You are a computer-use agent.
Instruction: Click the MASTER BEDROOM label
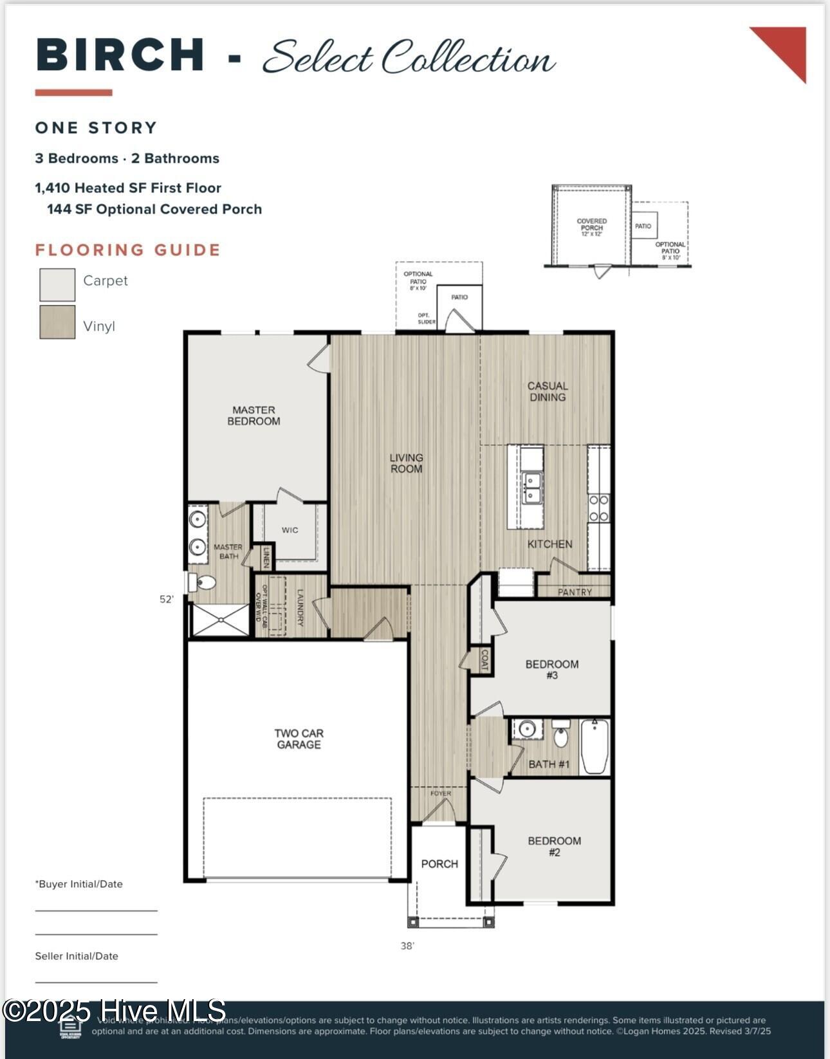click(x=254, y=416)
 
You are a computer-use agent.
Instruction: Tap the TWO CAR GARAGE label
click(x=299, y=739)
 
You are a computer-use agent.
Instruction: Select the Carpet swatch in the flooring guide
click(x=57, y=284)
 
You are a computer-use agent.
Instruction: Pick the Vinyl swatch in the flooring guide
click(x=57, y=322)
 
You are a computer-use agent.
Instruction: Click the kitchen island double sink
click(x=531, y=488)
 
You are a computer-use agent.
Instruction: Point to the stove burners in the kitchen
click(x=599, y=508)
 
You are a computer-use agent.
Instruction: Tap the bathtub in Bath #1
click(x=595, y=746)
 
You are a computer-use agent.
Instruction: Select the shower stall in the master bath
click(x=221, y=620)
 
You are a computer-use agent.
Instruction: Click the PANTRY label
click(x=575, y=592)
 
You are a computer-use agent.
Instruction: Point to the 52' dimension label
click(x=167, y=599)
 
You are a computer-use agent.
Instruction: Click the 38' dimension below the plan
click(x=407, y=946)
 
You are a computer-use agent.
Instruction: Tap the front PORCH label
click(x=439, y=864)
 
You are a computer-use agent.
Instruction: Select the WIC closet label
click(x=290, y=530)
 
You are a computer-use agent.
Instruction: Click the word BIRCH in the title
click(x=120, y=55)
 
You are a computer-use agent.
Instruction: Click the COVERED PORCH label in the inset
click(x=591, y=225)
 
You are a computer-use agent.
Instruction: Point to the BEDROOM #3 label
click(x=551, y=669)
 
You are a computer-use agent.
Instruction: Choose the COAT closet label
click(x=484, y=660)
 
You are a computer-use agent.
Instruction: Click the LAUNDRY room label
click(x=300, y=607)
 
